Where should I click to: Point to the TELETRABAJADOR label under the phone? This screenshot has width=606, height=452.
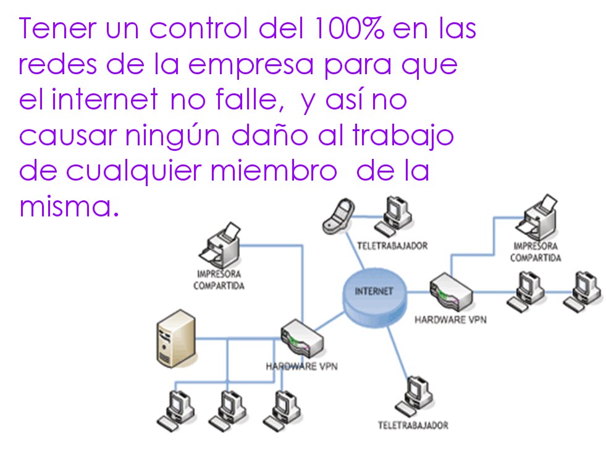[x=392, y=246]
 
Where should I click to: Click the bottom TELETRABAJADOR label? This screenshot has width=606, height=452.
[x=413, y=425]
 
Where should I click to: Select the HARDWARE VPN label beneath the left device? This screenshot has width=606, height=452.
[x=301, y=366]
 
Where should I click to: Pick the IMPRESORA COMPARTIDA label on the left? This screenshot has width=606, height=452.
[x=219, y=279]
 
